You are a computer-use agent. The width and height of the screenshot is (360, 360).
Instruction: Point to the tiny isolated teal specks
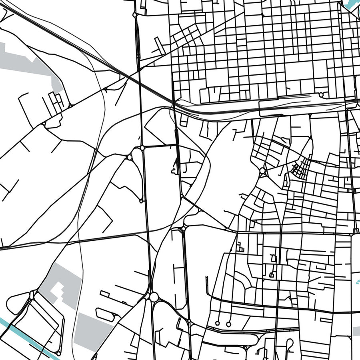(357, 282)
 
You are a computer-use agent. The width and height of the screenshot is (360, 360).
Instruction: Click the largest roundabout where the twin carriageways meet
(154, 297)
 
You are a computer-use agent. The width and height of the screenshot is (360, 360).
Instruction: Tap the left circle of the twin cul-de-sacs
(217, 323)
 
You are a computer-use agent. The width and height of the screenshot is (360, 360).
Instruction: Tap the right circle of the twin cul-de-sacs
(228, 323)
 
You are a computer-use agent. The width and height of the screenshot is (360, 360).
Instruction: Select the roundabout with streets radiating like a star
(262, 171)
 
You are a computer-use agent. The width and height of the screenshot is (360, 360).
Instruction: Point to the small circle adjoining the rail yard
(321, 95)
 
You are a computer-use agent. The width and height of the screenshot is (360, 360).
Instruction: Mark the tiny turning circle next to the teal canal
(58, 354)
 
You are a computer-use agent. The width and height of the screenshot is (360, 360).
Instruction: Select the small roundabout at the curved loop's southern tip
(141, 200)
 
